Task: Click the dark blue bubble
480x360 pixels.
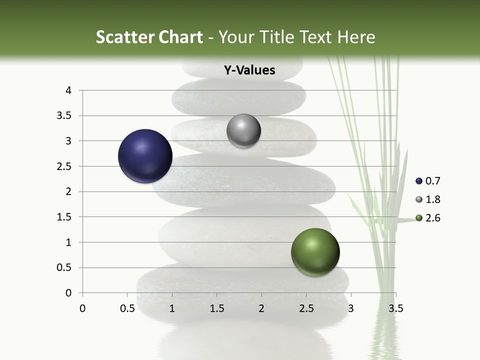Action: click(145, 156)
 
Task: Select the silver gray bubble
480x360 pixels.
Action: click(243, 130)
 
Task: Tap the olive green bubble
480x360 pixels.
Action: click(315, 252)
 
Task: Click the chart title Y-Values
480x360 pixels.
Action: click(249, 70)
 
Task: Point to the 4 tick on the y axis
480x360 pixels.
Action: click(68, 90)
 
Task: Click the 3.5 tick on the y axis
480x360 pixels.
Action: click(64, 116)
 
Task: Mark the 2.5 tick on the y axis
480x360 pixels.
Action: click(64, 166)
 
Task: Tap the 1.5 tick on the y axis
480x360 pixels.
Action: click(64, 217)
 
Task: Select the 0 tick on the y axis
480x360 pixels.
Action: click(68, 293)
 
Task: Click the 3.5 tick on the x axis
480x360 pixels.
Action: click(395, 308)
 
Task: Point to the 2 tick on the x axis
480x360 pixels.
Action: click(261, 308)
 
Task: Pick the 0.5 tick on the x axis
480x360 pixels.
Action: click(127, 308)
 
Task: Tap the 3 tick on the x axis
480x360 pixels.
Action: click(350, 308)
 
